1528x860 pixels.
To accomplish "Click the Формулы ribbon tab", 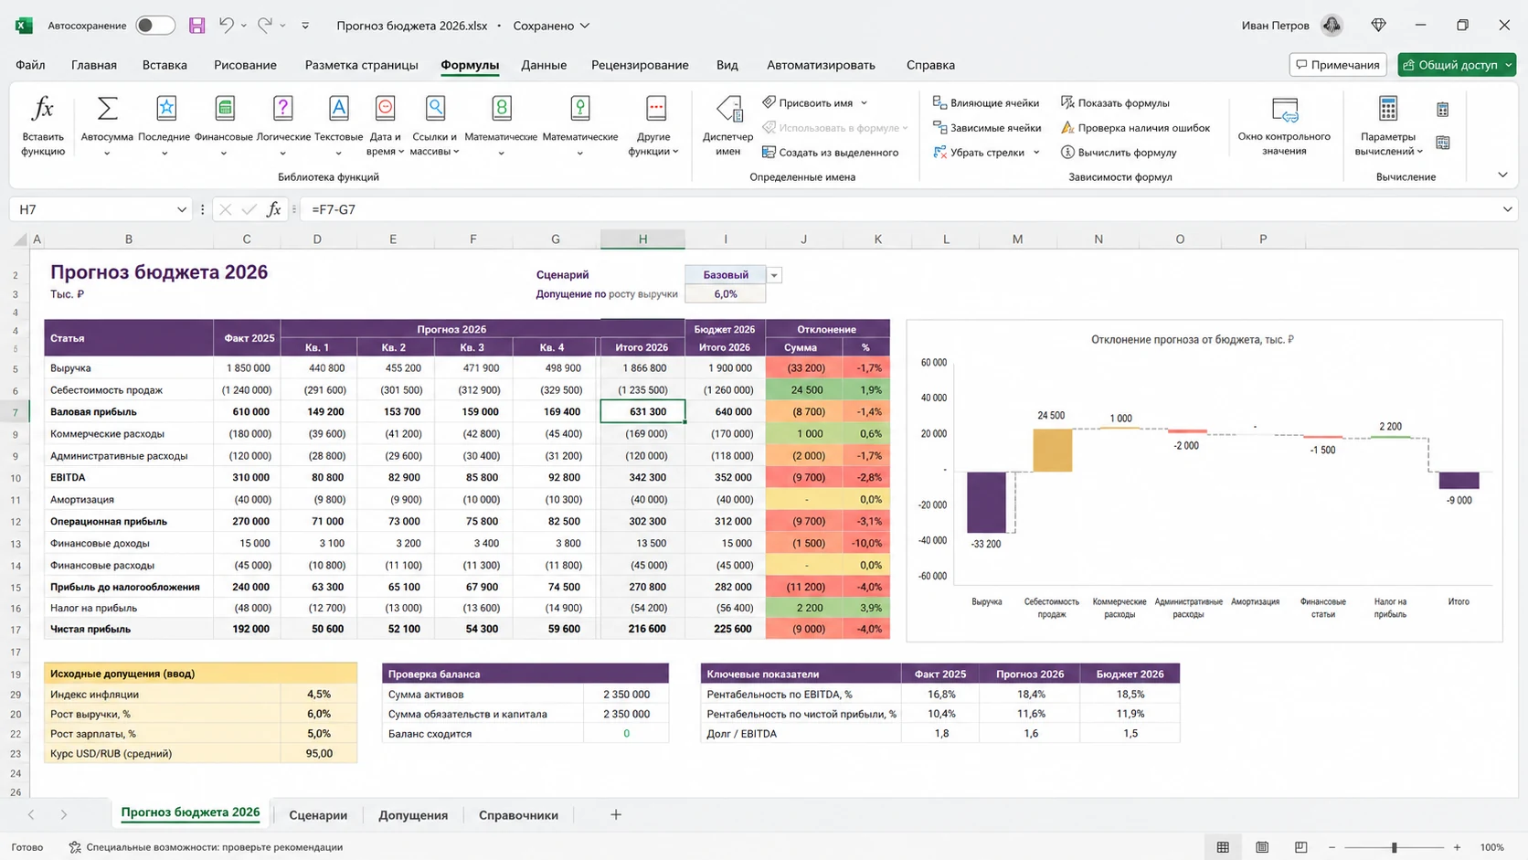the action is (470, 65).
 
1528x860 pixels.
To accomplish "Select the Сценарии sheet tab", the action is (318, 815).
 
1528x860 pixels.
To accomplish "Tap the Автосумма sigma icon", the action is (107, 108).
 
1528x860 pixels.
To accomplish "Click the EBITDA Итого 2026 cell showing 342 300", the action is (642, 477).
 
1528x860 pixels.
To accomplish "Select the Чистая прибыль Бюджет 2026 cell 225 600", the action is (725, 629).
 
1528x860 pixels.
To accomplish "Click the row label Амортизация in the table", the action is (82, 499).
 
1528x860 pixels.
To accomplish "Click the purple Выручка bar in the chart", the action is (986, 502).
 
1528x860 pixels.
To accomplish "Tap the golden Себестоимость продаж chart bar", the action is (1052, 450).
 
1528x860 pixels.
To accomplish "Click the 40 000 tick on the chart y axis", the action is (933, 398).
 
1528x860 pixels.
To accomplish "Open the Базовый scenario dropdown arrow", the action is (773, 275).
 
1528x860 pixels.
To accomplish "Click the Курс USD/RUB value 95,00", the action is (319, 753).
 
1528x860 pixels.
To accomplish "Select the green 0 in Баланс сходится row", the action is (626, 733).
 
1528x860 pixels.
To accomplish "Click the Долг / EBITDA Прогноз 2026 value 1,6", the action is (1030, 733).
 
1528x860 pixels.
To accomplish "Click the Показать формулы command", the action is (1115, 103).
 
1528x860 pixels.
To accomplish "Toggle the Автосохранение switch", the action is (154, 26).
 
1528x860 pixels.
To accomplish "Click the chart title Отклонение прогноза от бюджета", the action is (1192, 340).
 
